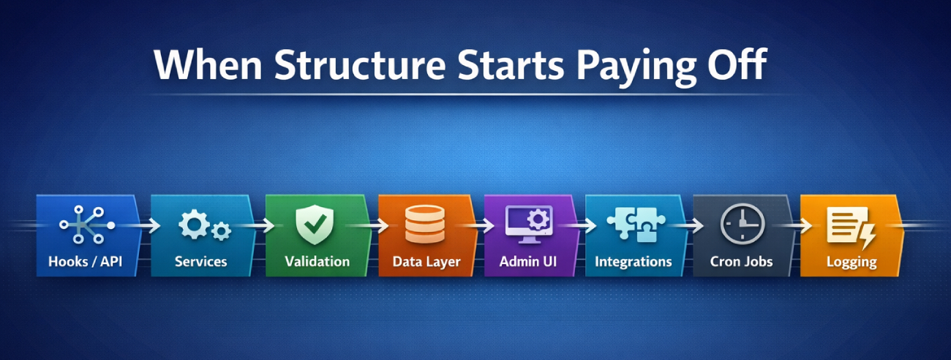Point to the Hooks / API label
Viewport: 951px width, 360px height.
86,261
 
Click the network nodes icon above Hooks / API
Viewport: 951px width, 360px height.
86,225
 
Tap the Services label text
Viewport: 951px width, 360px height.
201,261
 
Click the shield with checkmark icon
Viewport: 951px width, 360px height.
315,225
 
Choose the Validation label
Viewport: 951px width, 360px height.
317,261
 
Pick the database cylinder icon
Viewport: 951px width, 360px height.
425,225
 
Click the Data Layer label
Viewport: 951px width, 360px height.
426,261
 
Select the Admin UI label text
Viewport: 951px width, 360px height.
528,261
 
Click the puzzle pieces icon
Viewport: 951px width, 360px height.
634,225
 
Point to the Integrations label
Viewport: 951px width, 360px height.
634,261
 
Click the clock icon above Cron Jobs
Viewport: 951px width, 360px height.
742,225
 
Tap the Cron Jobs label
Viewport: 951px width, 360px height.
743,261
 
